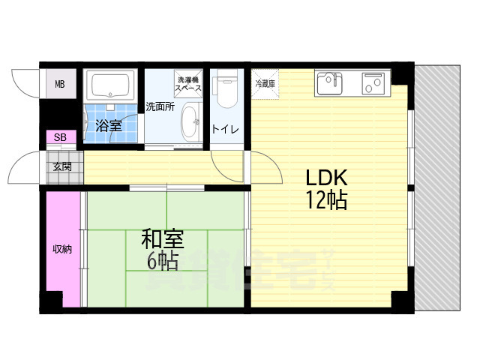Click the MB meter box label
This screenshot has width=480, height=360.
tap(60, 84)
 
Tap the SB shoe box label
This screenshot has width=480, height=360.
tap(60, 137)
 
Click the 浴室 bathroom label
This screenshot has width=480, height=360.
tap(109, 125)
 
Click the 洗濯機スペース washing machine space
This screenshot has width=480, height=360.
tap(188, 84)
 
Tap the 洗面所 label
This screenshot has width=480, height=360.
tap(160, 106)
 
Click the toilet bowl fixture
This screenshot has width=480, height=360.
tap(225, 90)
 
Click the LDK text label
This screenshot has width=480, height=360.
tap(325, 178)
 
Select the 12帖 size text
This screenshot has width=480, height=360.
tap(325, 200)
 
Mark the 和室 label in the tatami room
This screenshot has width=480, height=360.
tap(163, 240)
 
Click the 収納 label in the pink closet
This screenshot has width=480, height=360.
tap(61, 249)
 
